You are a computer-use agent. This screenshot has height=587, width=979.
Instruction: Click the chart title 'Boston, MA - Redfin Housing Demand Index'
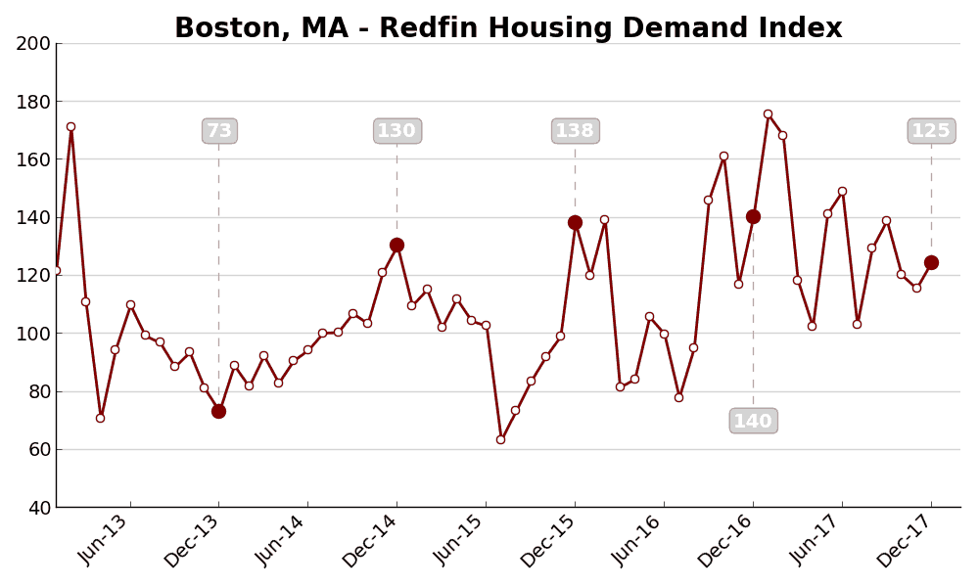click(x=508, y=28)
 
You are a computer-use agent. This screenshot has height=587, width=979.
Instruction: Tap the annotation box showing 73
click(x=219, y=131)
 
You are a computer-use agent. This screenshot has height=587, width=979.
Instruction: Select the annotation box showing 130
click(x=397, y=131)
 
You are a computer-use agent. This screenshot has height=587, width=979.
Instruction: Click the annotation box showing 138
click(x=576, y=131)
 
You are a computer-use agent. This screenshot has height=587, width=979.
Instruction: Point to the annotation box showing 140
click(x=754, y=421)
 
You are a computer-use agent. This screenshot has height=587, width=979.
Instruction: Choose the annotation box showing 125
click(x=931, y=131)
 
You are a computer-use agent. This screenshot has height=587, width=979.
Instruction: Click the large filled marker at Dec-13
click(x=218, y=411)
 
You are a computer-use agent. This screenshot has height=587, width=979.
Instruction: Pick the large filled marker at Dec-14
click(x=396, y=246)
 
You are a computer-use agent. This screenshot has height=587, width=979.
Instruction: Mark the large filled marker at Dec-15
click(x=575, y=222)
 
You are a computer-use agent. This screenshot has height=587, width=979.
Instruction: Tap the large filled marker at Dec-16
click(x=753, y=216)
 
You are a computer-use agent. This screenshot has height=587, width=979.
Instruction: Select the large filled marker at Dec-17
click(x=931, y=262)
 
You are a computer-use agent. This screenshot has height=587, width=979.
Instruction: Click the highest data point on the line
click(x=768, y=113)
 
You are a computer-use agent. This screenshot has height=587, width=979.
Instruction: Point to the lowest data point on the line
click(x=500, y=439)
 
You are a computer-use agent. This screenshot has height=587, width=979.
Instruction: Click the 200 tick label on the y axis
click(x=33, y=43)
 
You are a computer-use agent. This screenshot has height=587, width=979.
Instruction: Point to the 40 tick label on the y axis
click(x=39, y=508)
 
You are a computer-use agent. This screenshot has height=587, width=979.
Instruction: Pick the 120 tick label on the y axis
click(x=33, y=275)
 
